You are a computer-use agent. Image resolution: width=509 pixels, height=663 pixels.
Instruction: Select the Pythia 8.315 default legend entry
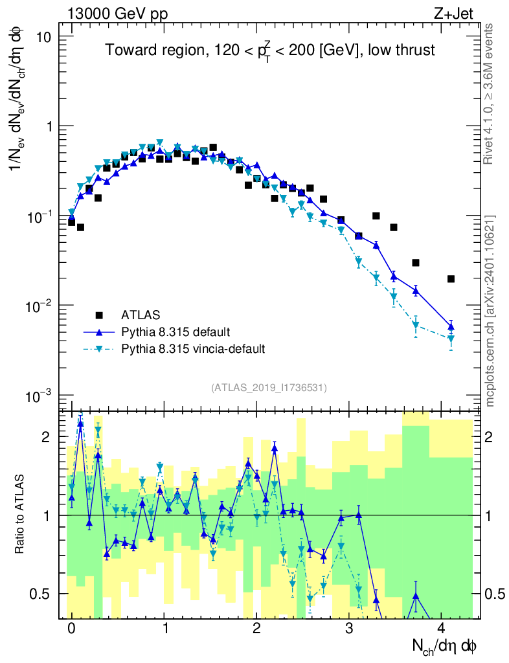pyautogui.click(x=175, y=332)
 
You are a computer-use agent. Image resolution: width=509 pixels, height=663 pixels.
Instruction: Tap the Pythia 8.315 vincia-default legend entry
pyautogui.click(x=193, y=349)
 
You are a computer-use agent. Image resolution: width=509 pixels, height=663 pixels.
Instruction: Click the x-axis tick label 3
pyautogui.click(x=349, y=629)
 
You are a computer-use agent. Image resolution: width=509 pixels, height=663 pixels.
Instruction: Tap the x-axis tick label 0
pyautogui.click(x=71, y=629)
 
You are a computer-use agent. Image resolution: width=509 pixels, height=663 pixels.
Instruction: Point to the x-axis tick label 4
pyautogui.click(x=442, y=629)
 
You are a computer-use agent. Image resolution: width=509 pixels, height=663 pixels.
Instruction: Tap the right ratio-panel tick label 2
pyautogui.click(x=493, y=437)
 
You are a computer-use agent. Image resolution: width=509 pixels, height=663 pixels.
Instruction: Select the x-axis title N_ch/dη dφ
pyautogui.click(x=446, y=646)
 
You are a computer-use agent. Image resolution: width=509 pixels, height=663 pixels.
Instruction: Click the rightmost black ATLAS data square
pyautogui.click(x=451, y=279)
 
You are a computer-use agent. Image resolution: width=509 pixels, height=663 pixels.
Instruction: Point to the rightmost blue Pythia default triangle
pyautogui.click(x=451, y=326)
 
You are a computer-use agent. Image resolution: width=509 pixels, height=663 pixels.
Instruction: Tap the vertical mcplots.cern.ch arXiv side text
pyautogui.click(x=490, y=310)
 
